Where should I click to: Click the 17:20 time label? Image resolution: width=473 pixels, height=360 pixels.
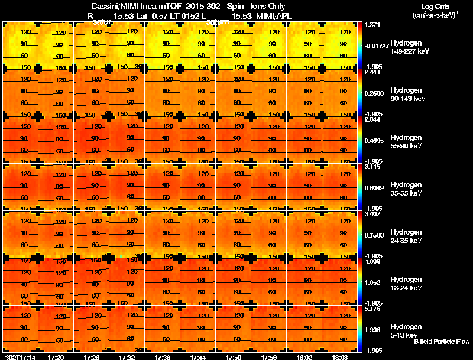56,357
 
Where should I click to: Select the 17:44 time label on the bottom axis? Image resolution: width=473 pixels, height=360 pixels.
198,357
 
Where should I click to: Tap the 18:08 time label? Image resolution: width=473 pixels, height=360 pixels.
340,357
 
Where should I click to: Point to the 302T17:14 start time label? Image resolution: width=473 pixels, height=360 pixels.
20,357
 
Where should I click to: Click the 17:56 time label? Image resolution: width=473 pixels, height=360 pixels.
269,357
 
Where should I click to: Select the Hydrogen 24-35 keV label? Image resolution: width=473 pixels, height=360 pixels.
406,236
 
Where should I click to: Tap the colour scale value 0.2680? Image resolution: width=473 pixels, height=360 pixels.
374,93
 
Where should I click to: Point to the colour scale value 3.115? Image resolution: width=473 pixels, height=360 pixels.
374,168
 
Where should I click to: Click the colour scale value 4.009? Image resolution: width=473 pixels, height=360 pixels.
374,261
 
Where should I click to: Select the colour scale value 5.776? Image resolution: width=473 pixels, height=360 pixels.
374,309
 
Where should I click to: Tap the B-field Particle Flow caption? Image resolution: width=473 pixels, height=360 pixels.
441,342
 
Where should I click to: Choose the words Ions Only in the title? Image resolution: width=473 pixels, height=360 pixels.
268,7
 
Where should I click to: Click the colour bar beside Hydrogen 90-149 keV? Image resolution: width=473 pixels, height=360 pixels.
361,93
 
